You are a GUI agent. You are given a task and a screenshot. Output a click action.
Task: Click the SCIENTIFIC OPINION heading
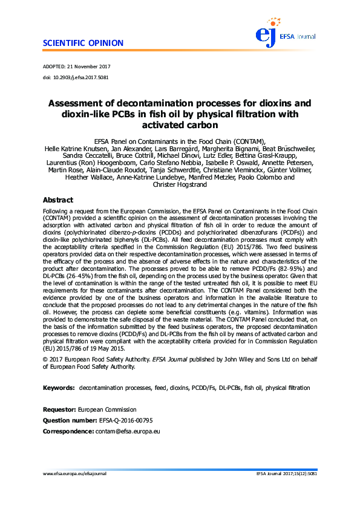pyautogui.click(x=83, y=43)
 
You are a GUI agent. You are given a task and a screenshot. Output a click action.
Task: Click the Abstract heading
pyautogui.click(x=57, y=200)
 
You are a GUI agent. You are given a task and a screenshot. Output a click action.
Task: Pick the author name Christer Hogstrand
pyautogui.click(x=180, y=185)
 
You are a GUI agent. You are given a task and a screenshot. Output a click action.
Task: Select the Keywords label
pyautogui.click(x=58, y=369)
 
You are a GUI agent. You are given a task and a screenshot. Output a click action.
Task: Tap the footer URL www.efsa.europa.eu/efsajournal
pyautogui.click(x=74, y=474)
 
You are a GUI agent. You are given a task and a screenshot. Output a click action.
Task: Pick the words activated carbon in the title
pyautogui.click(x=179, y=125)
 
